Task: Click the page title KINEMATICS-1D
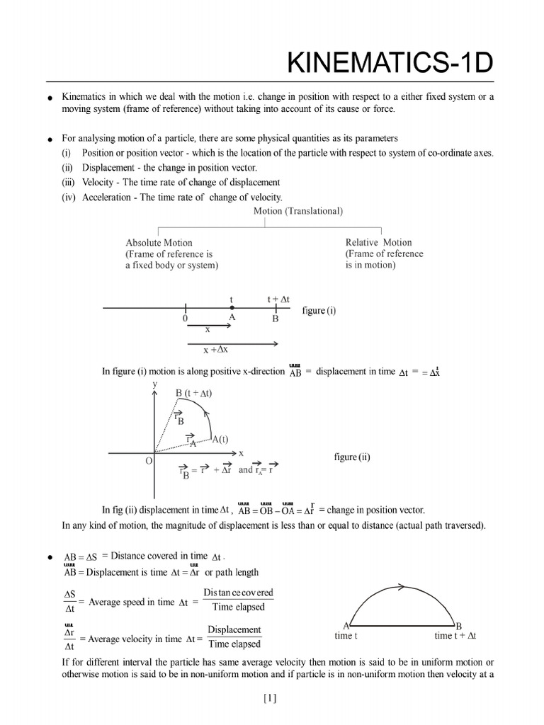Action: (x=390, y=64)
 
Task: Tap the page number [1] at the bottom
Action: (x=270, y=698)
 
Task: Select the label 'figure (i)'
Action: (x=319, y=311)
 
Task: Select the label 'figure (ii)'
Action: (x=352, y=457)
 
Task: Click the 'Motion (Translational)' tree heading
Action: (x=298, y=211)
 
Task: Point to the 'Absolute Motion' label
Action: (x=159, y=242)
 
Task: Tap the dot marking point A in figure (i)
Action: (x=232, y=309)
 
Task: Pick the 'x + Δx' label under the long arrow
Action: (x=215, y=350)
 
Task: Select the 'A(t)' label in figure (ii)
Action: (x=220, y=439)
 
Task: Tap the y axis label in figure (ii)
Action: (x=155, y=384)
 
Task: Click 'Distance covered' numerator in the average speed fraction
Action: (x=238, y=593)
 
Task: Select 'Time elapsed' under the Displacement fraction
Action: (x=234, y=644)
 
